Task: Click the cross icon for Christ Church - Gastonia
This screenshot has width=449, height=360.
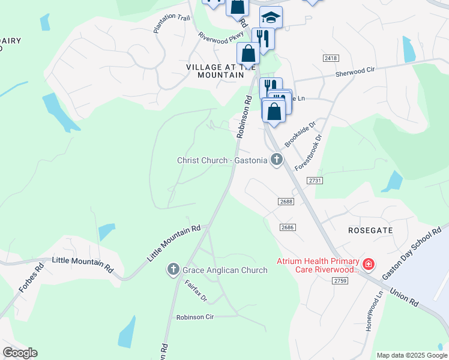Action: click(x=276, y=160)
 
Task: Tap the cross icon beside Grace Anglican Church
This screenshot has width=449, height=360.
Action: click(x=173, y=270)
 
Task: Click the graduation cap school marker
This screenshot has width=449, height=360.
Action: click(x=271, y=17)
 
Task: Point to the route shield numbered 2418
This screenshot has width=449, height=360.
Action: click(x=330, y=58)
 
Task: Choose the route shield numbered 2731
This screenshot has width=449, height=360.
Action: click(x=315, y=180)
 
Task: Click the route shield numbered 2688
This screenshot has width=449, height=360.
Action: click(x=286, y=202)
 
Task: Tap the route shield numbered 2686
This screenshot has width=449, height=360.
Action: click(x=288, y=227)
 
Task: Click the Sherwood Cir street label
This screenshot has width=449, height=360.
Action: click(x=355, y=70)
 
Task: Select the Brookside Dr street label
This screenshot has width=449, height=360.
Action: click(x=300, y=136)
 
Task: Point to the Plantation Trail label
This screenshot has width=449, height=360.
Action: click(x=172, y=22)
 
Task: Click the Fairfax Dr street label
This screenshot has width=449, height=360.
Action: click(x=196, y=290)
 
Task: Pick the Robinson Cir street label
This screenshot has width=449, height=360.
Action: click(x=195, y=317)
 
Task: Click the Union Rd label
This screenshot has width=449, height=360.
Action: click(x=404, y=296)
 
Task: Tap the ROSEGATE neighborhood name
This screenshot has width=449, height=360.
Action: click(x=371, y=230)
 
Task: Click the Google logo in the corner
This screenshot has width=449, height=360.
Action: click(x=20, y=353)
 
